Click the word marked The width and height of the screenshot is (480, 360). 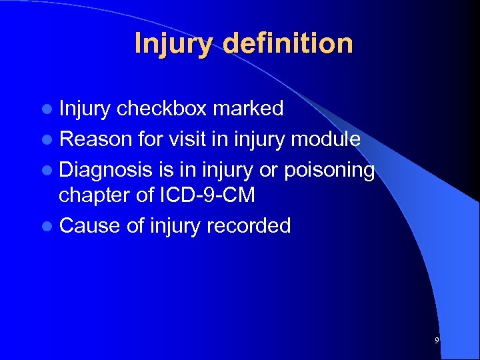[x=248, y=108]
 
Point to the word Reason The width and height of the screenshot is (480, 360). [x=95, y=139]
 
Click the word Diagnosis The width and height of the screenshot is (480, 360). [x=106, y=171]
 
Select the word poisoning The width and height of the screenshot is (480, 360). [x=329, y=171]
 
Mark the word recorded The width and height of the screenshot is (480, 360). [x=249, y=226]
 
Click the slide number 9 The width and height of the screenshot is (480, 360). [x=437, y=341]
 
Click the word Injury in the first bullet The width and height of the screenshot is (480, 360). [x=85, y=108]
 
